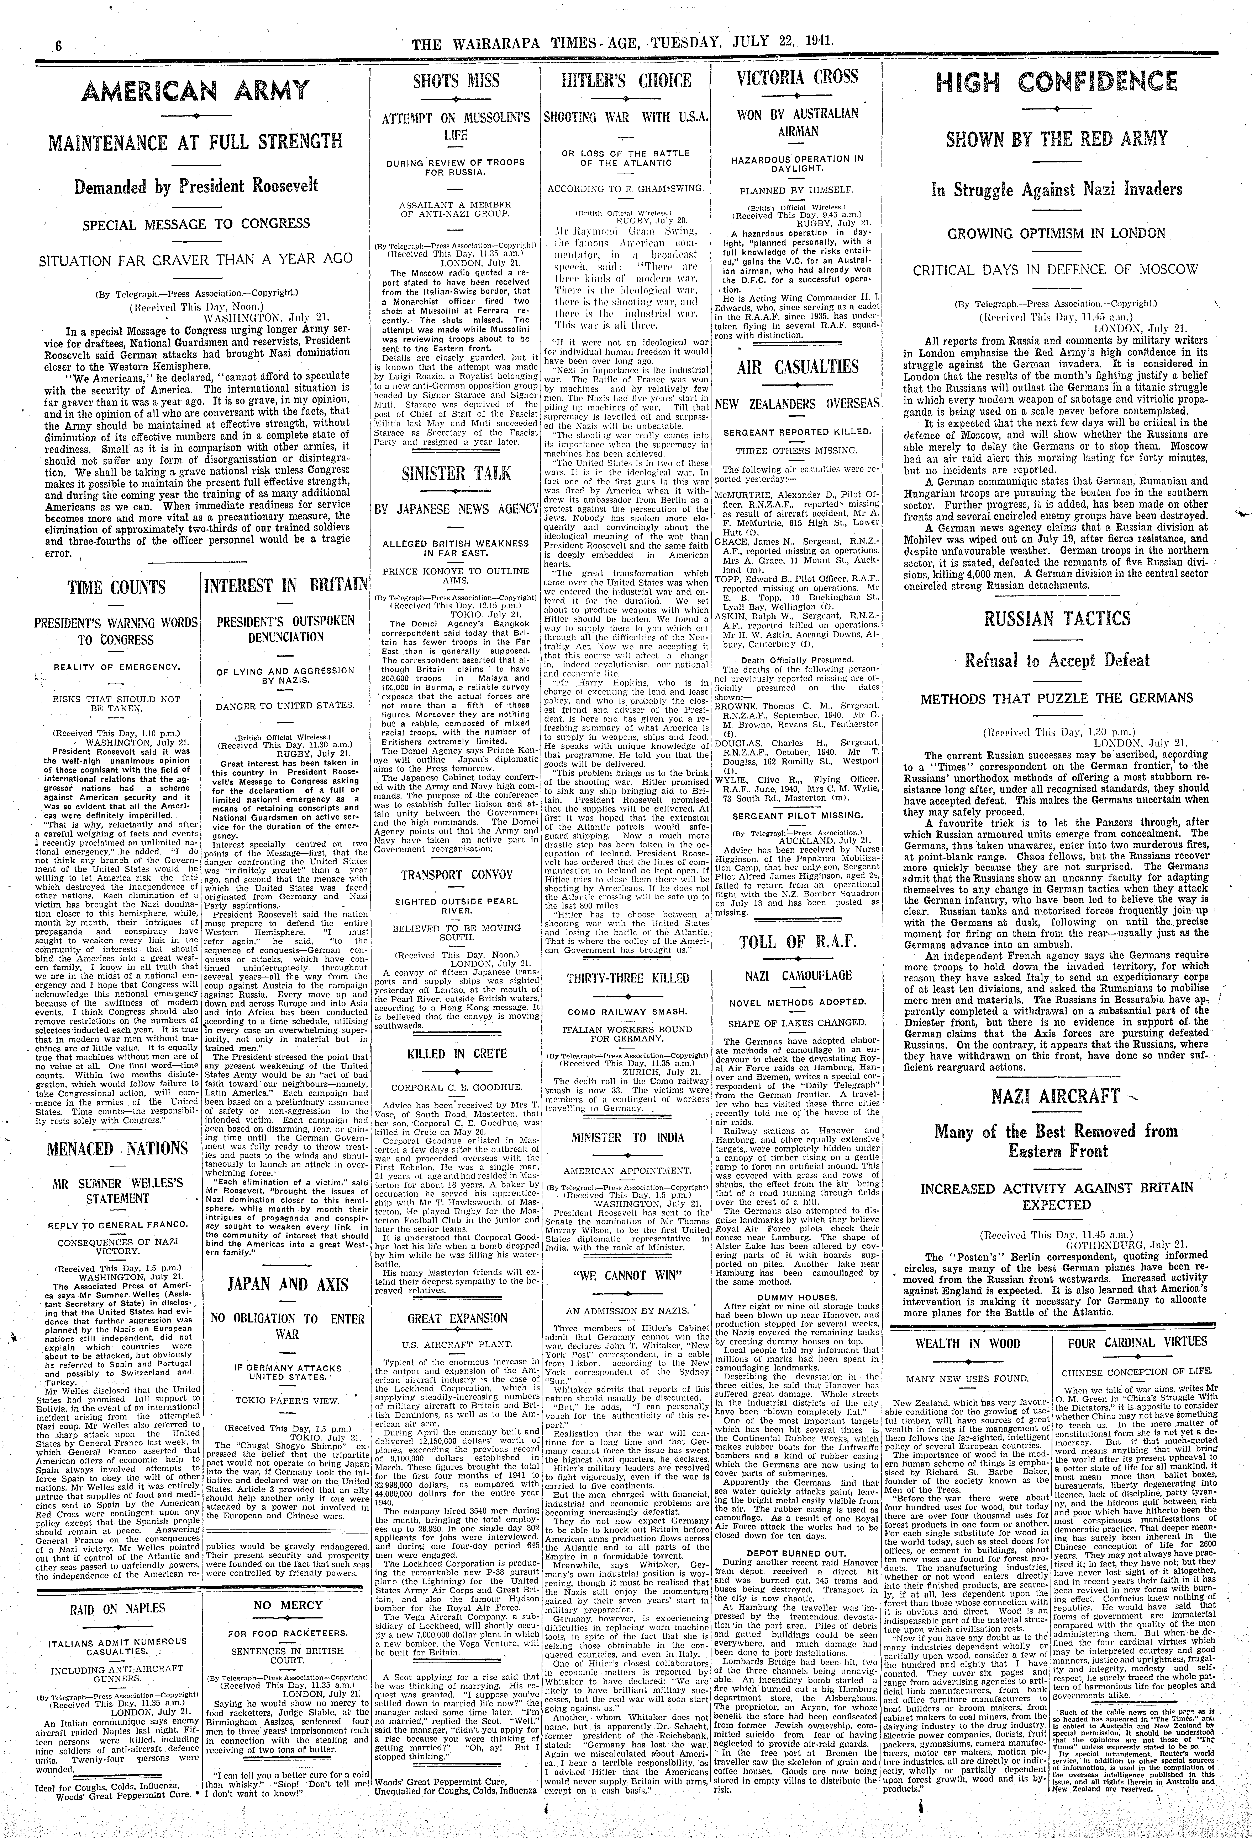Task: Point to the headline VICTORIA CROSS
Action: (797, 77)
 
